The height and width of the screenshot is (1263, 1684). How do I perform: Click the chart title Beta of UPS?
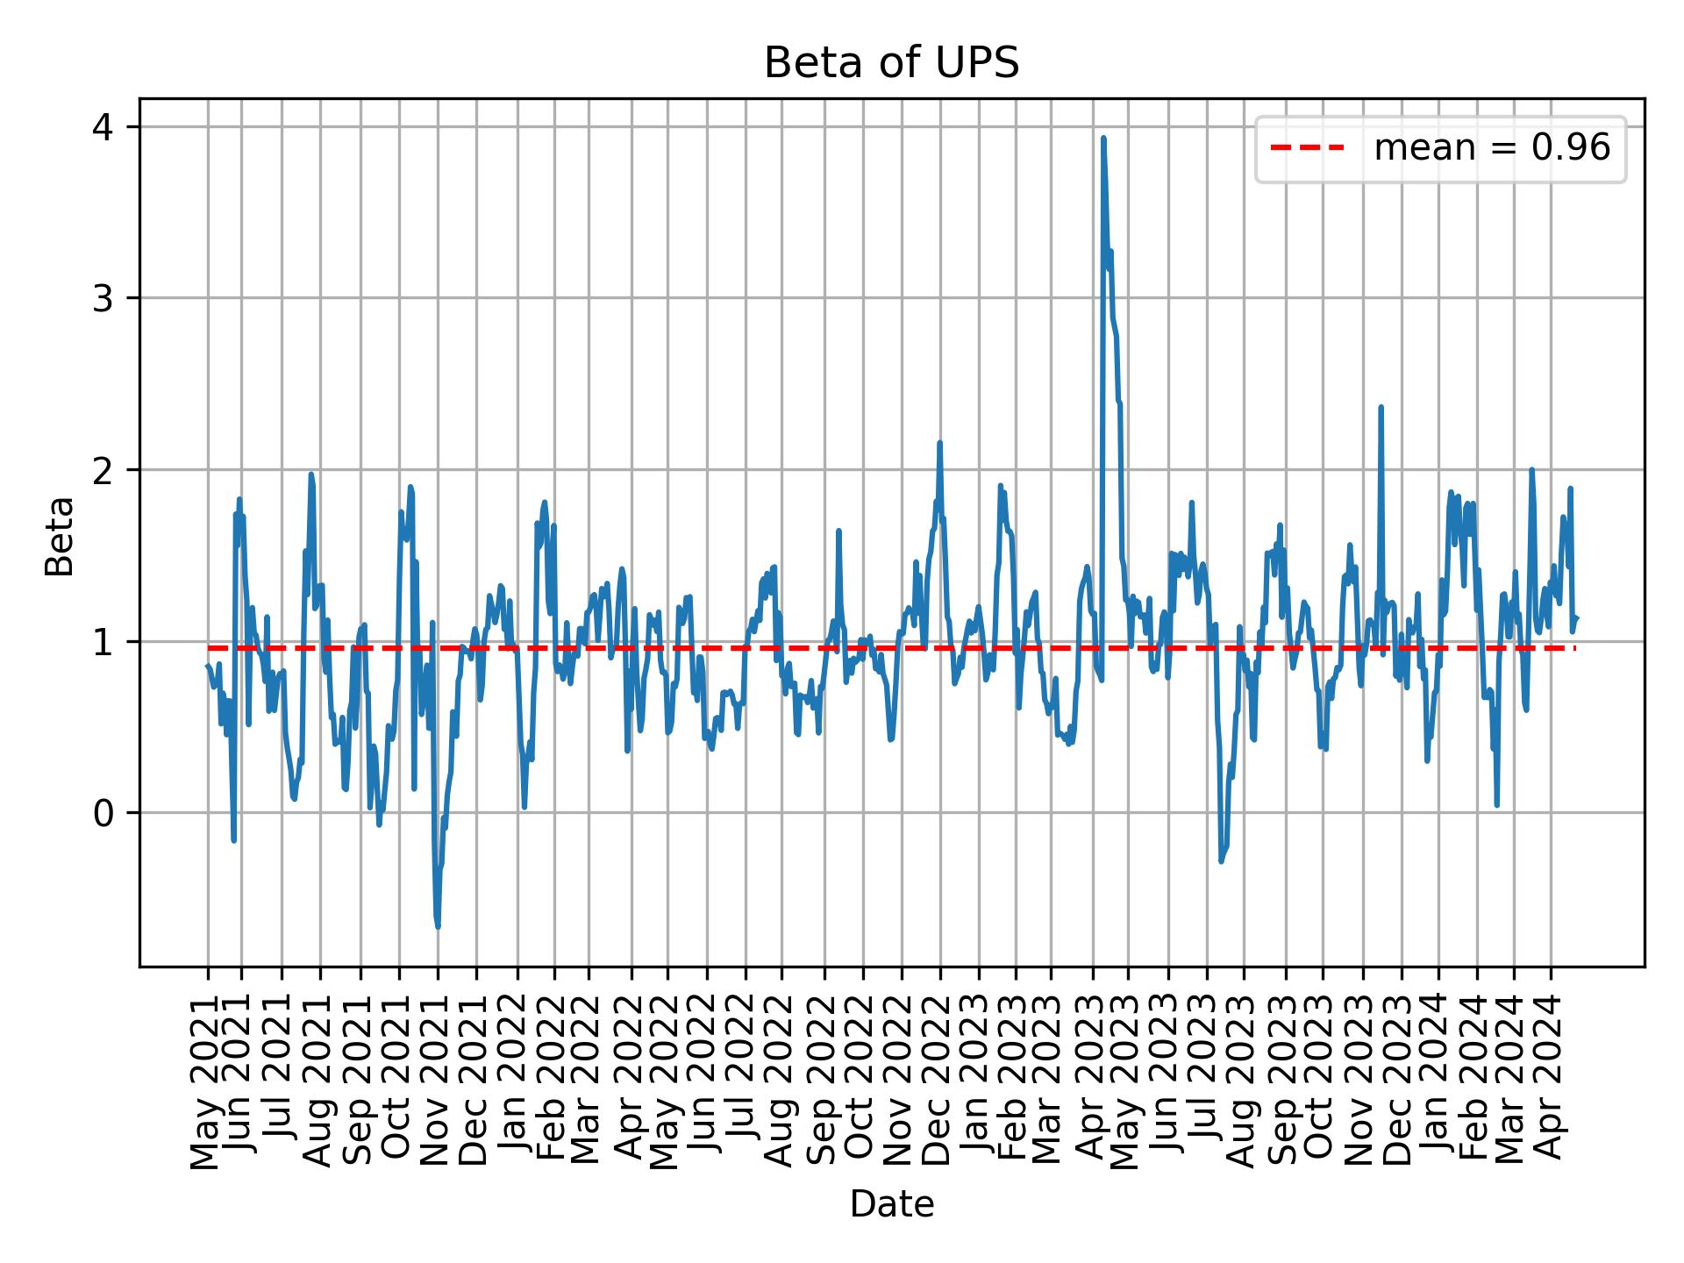click(x=891, y=63)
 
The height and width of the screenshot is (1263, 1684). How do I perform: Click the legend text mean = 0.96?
click(x=1491, y=148)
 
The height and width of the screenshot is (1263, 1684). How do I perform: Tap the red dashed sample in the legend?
click(x=1307, y=148)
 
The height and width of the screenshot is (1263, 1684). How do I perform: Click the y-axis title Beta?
click(x=61, y=536)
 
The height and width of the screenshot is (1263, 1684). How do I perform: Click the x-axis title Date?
click(x=891, y=1204)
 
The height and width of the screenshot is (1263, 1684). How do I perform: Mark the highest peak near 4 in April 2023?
click(x=1102, y=139)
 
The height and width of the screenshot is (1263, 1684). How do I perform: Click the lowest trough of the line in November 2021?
click(x=438, y=926)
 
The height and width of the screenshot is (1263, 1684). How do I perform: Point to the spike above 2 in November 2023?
click(x=1381, y=407)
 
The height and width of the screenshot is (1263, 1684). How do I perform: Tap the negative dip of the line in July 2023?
click(x=1221, y=860)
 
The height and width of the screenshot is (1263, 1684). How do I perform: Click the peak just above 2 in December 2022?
click(x=939, y=443)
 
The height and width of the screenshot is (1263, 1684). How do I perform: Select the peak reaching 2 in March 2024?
click(x=1531, y=470)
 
